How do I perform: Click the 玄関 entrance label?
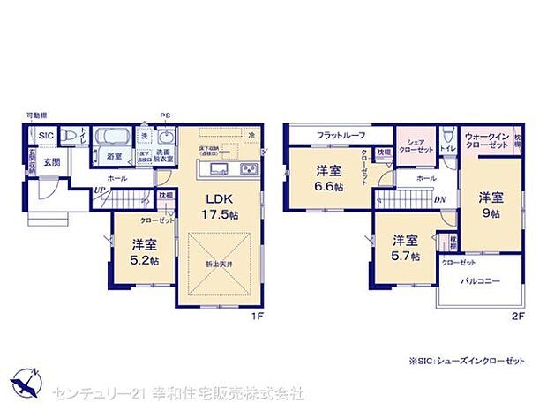tap(52, 162)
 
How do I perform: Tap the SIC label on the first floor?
tap(45, 135)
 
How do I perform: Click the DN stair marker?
tap(438, 200)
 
